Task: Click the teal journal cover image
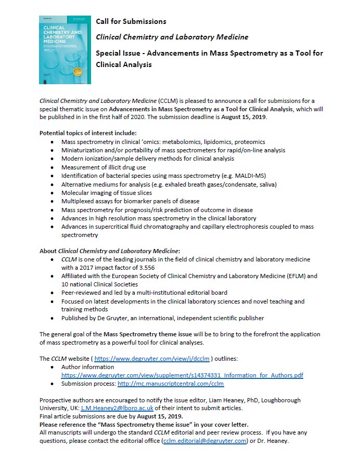(65, 50)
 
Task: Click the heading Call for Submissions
(131, 21)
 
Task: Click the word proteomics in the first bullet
(247, 142)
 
